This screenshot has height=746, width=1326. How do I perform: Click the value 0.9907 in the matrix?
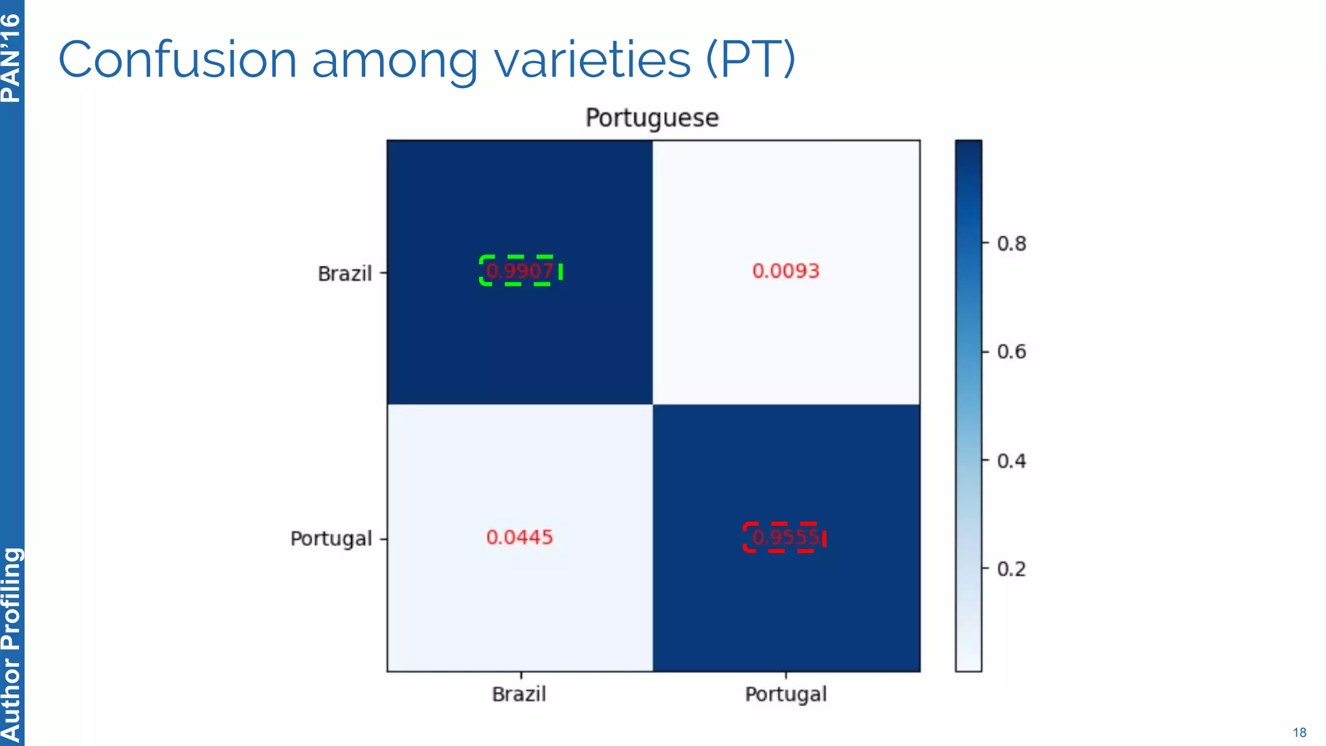coord(520,271)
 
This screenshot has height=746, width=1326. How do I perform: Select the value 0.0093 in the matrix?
coord(785,271)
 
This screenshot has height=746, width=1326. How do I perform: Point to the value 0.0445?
coord(519,537)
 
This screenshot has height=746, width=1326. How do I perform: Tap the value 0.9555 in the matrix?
coord(785,537)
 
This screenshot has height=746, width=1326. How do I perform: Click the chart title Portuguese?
coord(652,118)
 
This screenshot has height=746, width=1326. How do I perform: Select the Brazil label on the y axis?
coord(344,274)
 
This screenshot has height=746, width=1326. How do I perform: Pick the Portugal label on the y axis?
coord(331,539)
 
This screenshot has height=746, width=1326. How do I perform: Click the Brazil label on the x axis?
coord(519,694)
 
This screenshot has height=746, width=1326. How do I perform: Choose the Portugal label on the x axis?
coord(785,694)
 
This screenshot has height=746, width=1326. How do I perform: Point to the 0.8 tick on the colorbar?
coord(1011,244)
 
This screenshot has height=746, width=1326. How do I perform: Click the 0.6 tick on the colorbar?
coord(1011,352)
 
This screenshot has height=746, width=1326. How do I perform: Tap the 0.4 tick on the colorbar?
coord(1011,461)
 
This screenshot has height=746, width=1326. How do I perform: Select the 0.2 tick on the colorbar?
coord(1011,569)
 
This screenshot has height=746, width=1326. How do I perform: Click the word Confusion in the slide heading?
coord(177,60)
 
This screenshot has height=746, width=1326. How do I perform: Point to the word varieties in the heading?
coord(592,60)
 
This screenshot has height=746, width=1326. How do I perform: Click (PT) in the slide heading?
coord(750,60)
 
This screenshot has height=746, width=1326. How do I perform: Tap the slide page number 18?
coord(1299,732)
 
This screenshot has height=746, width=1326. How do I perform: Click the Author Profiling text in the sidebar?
coord(11,644)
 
